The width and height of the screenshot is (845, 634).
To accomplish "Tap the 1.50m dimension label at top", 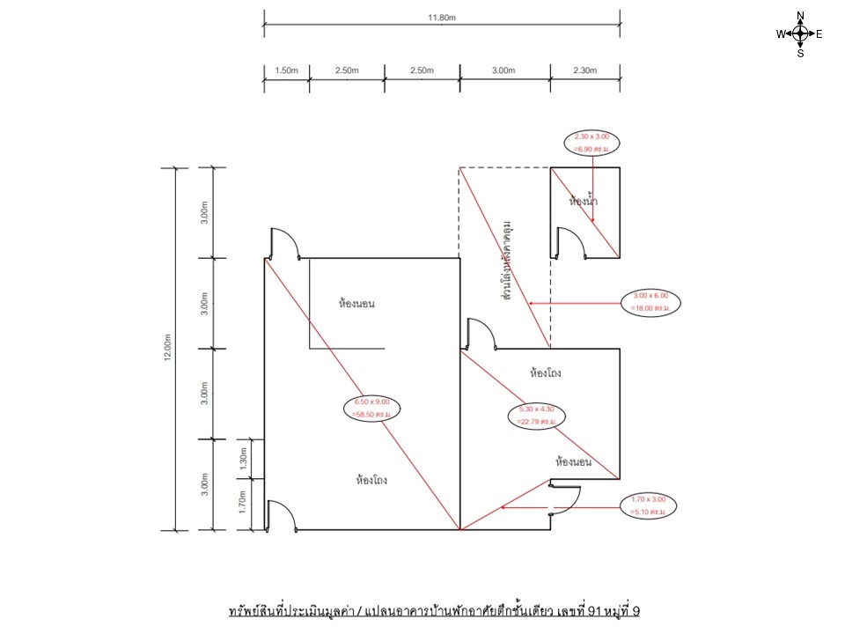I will click(286, 70).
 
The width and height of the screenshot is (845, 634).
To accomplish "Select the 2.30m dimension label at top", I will click(585, 70).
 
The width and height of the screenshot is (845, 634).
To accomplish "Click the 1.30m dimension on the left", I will click(244, 458).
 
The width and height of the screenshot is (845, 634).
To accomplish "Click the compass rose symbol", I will click(800, 34).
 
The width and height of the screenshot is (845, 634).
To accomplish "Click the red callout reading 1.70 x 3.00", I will click(648, 505).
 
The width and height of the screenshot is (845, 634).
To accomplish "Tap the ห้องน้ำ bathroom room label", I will click(584, 202).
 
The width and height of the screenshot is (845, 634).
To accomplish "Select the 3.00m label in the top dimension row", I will click(503, 70).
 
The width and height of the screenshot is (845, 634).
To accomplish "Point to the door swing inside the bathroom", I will click(570, 243).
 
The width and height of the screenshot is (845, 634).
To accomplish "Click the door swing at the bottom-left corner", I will click(281, 515).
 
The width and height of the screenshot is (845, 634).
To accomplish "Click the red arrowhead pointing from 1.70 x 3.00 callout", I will click(503, 507).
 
